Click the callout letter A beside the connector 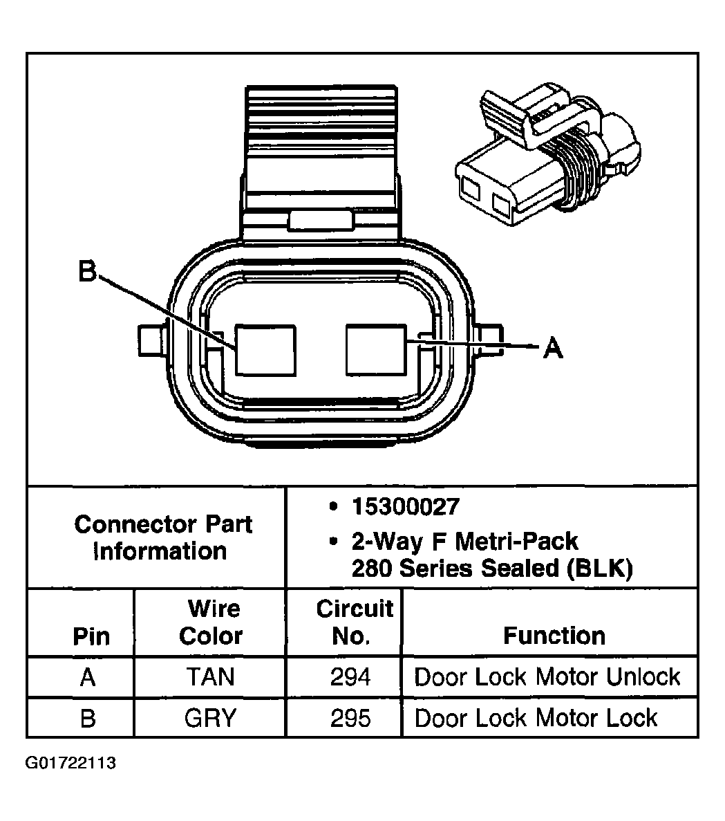click(553, 347)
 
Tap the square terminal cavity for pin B click(265, 350)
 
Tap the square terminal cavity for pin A click(376, 350)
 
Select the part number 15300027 click(405, 506)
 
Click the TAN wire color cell click(210, 676)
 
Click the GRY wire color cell click(210, 718)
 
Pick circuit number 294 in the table click(350, 676)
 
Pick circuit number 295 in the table click(350, 718)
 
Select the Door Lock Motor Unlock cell click(547, 676)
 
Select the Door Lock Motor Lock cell click(536, 718)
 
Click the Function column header click(554, 636)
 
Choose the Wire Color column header click(210, 622)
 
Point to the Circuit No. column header click(353, 622)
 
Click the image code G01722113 click(70, 763)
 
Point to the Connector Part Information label click(162, 537)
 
